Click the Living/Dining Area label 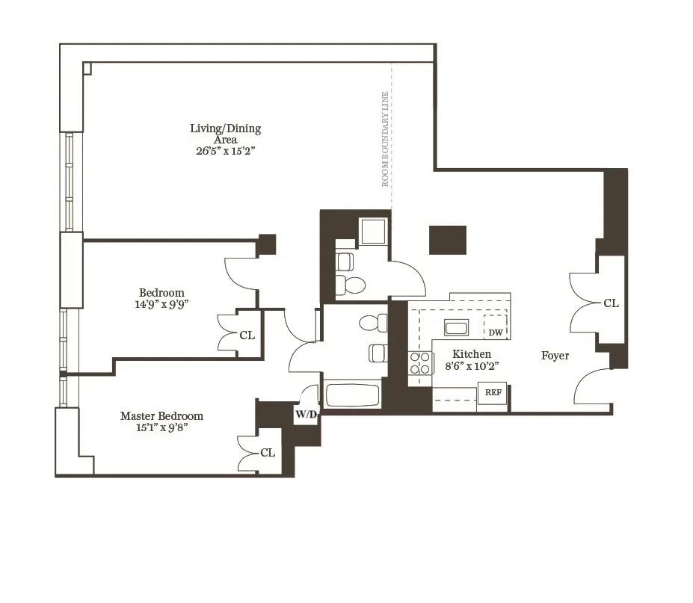225,134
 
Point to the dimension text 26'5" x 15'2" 225,150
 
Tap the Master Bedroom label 161,415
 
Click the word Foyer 555,356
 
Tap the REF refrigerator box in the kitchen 493,392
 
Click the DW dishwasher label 495,333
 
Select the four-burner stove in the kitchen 420,362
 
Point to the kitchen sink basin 455,328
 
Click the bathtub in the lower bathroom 354,395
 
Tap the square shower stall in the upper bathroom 373,231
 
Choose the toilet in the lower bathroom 372,323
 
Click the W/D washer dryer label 307,415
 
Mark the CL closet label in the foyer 611,303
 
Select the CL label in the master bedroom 268,453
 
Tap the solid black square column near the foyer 448,240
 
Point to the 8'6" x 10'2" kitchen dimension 472,366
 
